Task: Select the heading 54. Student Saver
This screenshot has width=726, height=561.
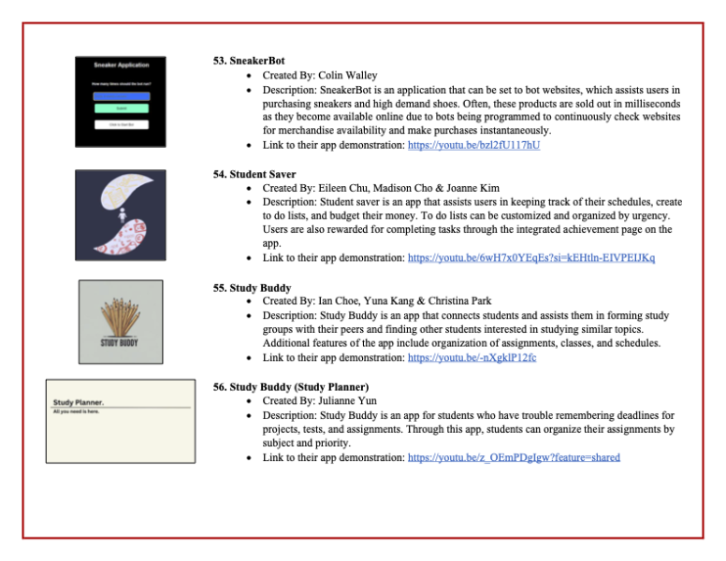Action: pos(254,174)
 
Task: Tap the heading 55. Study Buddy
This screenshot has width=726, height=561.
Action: pos(251,288)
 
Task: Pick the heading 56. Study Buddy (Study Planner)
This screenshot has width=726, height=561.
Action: pos(292,387)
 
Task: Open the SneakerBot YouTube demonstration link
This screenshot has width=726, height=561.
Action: pos(473,145)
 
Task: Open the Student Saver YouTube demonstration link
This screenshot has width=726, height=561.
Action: pos(530,257)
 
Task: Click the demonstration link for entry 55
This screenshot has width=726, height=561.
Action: pos(472,357)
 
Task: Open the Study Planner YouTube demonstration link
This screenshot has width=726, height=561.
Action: pos(514,457)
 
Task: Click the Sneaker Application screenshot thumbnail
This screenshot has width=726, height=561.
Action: pos(121,101)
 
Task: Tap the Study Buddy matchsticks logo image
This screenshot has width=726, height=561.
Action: pos(121,321)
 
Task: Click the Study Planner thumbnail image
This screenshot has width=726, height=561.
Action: pos(120,419)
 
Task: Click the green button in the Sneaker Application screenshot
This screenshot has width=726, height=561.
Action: pos(121,109)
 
